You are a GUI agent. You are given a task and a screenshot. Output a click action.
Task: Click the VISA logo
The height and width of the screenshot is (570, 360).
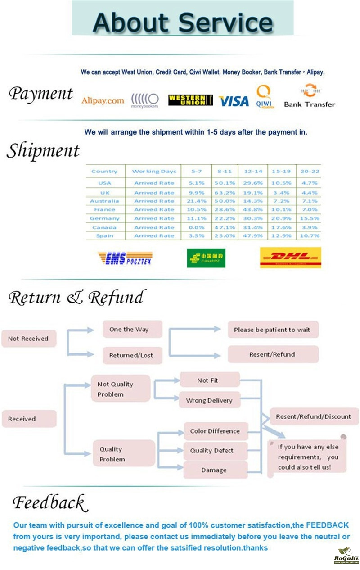pos(234,101)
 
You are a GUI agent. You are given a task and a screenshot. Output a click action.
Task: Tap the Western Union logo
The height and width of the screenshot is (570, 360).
pos(190,100)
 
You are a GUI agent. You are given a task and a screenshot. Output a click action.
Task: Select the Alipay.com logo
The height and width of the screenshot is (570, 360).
pos(103,100)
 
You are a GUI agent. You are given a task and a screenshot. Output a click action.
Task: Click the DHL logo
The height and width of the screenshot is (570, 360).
pos(290,258)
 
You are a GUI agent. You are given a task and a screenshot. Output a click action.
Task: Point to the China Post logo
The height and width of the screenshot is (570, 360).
pos(206,258)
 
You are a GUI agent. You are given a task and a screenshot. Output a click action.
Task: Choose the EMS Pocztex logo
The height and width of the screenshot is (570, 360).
pos(125,258)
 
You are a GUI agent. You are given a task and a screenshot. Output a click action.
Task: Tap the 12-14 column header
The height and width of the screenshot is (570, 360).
pos(253,171)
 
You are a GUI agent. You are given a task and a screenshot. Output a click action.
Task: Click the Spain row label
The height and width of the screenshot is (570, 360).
pos(104,236)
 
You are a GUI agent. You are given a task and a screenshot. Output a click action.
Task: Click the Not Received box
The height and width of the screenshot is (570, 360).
pos(28,339)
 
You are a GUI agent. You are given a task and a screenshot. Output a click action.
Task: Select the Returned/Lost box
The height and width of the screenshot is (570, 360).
pos(131,355)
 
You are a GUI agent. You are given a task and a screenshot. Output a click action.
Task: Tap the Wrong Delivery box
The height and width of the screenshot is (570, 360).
pos(209,400)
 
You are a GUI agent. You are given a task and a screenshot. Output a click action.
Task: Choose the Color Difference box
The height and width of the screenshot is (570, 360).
pos(215,431)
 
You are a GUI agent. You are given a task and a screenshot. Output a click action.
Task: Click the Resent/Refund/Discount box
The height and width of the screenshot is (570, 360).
pos(313,416)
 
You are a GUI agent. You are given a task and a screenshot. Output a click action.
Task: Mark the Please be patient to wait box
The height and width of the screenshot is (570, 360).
pos(272,330)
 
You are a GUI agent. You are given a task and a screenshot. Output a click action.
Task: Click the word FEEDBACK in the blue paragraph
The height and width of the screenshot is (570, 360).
pos(327,525)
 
